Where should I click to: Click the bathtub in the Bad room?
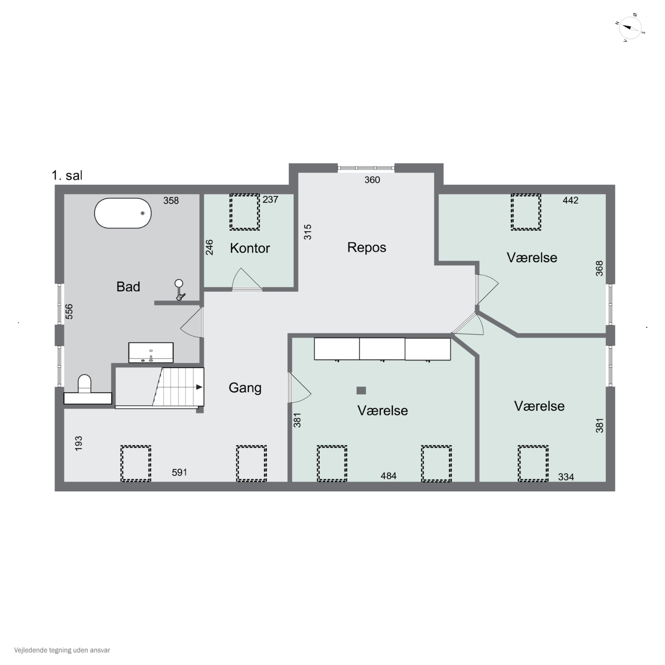click(123, 213)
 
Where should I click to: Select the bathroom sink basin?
click(151, 352)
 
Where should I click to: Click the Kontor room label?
click(250, 248)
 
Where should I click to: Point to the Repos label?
click(367, 247)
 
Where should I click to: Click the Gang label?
click(245, 388)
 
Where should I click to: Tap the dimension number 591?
click(179, 472)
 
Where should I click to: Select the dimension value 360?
click(372, 180)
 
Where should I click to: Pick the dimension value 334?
click(566, 477)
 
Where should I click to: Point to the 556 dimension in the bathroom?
click(69, 311)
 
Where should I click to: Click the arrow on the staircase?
click(199, 387)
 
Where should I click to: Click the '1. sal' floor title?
click(67, 176)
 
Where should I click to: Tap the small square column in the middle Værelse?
click(361, 390)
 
